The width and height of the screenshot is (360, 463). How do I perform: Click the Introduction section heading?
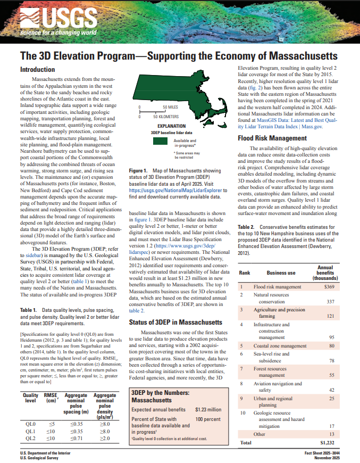[x=37, y=70]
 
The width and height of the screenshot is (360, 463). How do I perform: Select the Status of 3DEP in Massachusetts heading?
[x=175, y=323]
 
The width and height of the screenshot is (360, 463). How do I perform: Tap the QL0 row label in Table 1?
[x=30, y=424]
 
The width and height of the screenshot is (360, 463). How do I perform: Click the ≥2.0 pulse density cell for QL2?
[x=105, y=439]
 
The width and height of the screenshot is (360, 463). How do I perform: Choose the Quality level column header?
[x=30, y=399]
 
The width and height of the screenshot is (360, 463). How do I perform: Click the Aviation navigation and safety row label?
[x=275, y=386]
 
